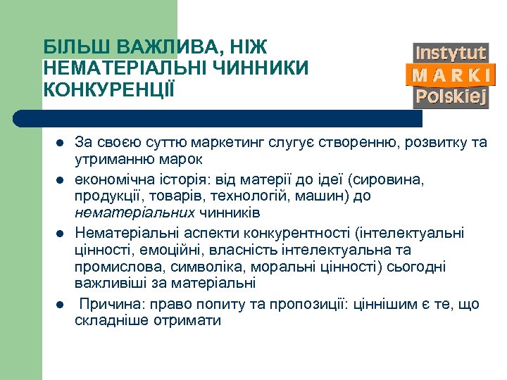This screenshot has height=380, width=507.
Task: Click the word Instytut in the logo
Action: coord(451,53)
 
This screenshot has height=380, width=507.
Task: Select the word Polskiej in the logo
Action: coord(451,97)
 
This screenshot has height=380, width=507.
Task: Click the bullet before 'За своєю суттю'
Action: coord(59,143)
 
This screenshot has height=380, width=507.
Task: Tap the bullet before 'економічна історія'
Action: coord(59,179)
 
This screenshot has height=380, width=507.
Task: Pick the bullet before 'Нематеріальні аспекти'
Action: coord(59,232)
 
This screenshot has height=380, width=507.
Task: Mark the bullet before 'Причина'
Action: coord(59,304)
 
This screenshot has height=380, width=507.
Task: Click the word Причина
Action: coord(106,304)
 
